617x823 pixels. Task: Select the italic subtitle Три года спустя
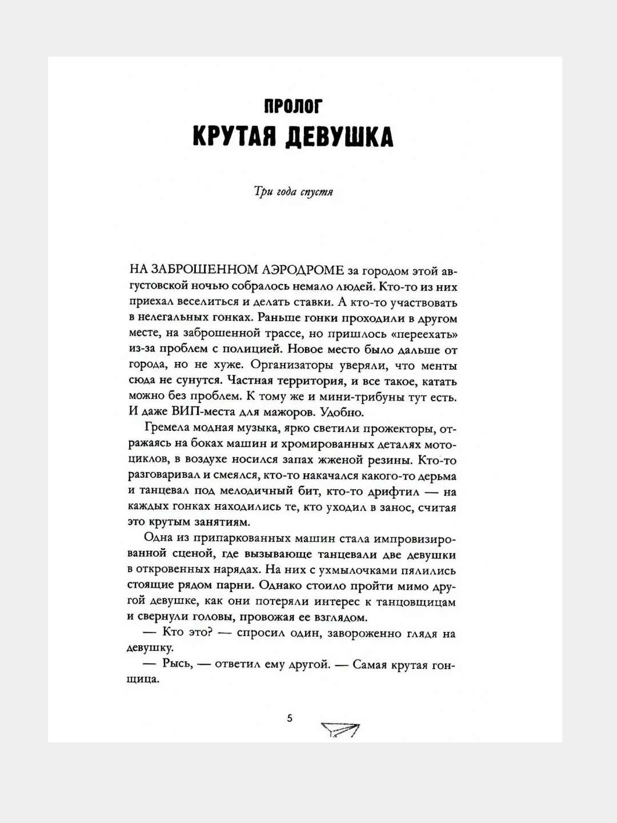[293, 192]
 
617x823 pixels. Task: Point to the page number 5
[290, 718]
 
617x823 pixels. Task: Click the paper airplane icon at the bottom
[340, 730]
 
